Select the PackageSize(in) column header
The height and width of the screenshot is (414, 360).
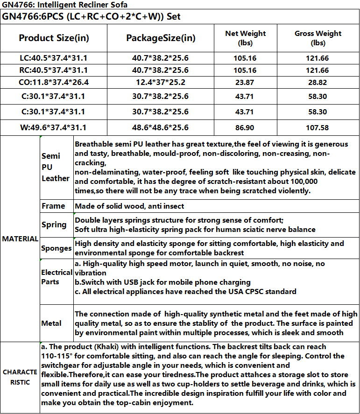[161, 38]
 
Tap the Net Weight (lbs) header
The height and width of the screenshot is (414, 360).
[245, 38]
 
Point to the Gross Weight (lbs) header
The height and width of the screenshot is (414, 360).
[318, 38]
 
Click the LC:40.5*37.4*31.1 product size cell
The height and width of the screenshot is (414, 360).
[54, 58]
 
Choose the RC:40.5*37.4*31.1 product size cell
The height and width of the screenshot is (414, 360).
[54, 70]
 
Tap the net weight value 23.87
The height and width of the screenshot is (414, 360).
[245, 83]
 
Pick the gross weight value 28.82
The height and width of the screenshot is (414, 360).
[318, 83]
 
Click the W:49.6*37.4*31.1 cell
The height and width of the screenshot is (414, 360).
[54, 127]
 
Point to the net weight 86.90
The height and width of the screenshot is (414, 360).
[245, 127]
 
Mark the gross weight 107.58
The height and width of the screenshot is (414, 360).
[318, 127]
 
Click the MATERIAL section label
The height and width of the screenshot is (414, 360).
[20, 239]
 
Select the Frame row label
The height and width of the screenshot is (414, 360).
[53, 206]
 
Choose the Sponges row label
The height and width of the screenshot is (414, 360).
[56, 248]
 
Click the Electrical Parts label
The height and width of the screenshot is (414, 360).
[56, 277]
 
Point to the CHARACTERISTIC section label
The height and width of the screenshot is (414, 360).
[20, 377]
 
